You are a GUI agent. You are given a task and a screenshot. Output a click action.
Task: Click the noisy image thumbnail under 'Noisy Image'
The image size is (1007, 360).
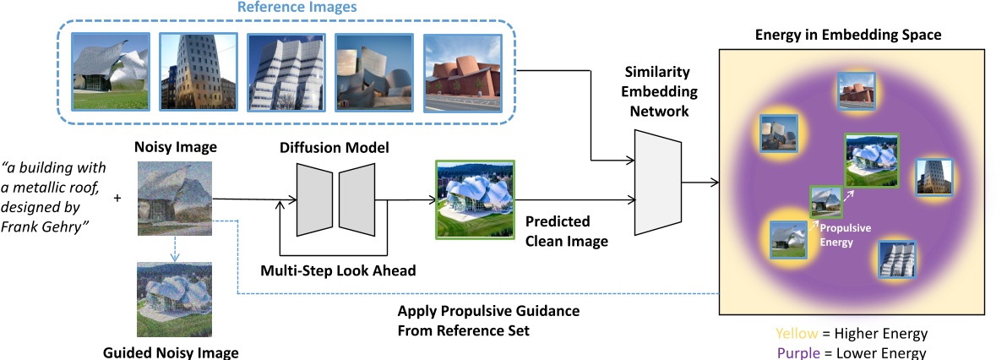click(x=175, y=199)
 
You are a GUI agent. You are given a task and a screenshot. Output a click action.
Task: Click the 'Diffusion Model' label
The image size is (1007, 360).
click(x=335, y=148)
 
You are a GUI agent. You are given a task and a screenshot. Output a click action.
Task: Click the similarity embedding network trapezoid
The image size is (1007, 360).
click(x=657, y=183)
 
